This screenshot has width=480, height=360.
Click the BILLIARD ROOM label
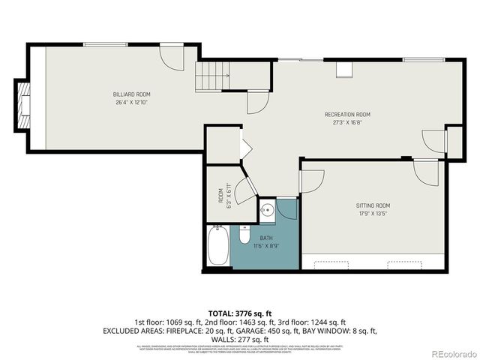[x=129, y=94]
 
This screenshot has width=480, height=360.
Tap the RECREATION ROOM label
[x=347, y=114]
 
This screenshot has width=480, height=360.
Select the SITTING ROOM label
[x=373, y=205]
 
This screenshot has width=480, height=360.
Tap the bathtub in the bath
[x=218, y=247]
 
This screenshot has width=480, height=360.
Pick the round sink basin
[x=266, y=210]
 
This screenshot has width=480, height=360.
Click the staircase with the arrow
[x=211, y=76]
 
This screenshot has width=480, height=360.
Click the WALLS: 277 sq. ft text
[x=240, y=339]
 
